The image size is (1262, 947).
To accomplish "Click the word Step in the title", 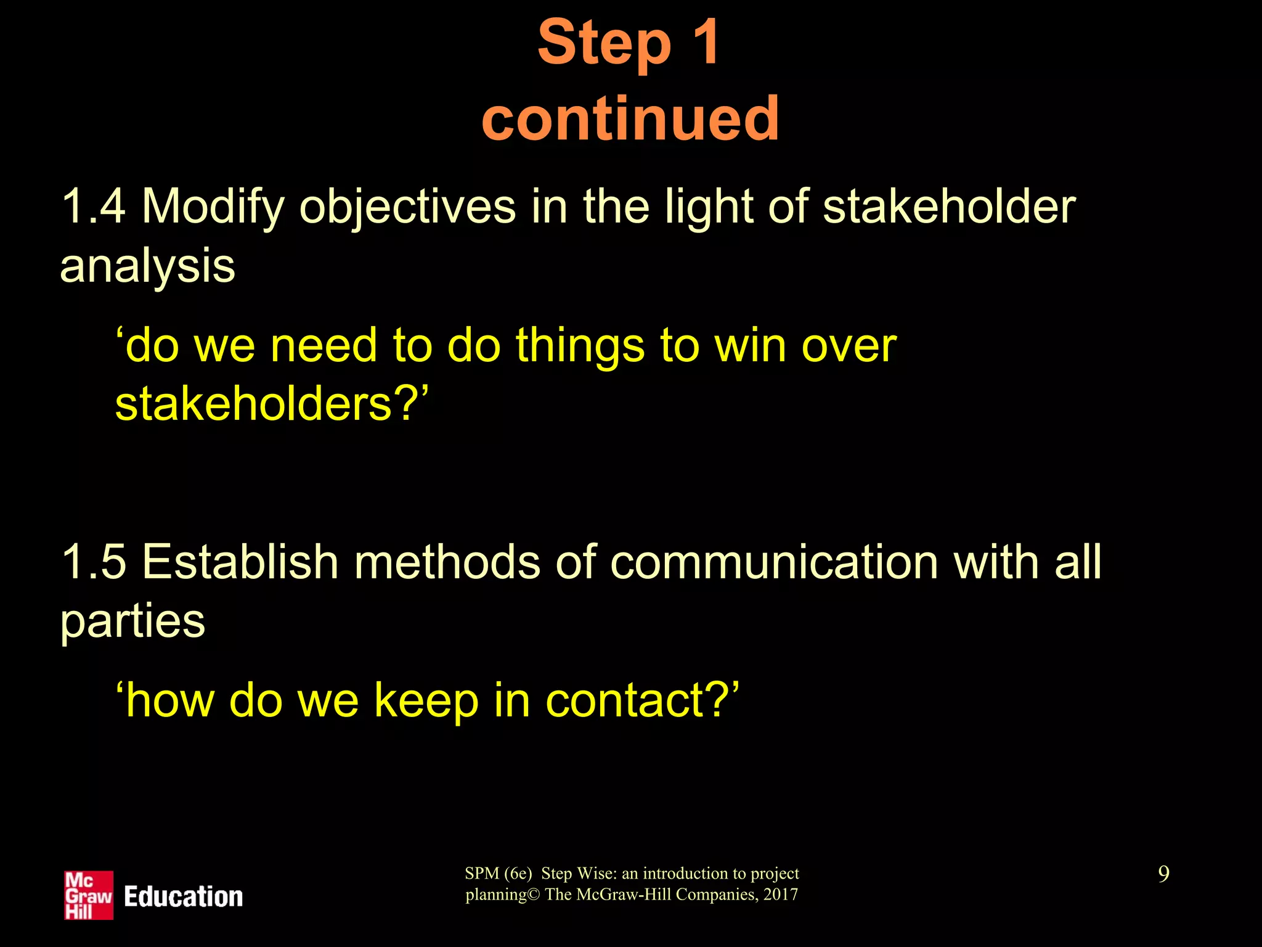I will coord(604,43).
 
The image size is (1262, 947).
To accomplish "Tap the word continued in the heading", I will coord(630,118).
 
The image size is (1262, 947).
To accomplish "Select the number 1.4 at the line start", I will coord(93,207).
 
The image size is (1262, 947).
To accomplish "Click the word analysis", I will coord(147,266).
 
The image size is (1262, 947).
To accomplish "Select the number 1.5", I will coord(93,562).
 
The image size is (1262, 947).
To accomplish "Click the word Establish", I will coord(240,562).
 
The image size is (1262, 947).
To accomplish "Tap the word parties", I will coord(132,621).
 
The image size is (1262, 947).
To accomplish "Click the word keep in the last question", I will coord(426,701).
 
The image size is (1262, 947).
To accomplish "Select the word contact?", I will coord(641,701).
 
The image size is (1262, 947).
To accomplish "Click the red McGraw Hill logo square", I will coord(89,895).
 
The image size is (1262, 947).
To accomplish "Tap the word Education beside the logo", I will coord(183,896).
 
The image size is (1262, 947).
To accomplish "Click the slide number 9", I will coord(1163,874).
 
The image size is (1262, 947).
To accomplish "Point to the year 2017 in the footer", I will coord(780,895).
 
